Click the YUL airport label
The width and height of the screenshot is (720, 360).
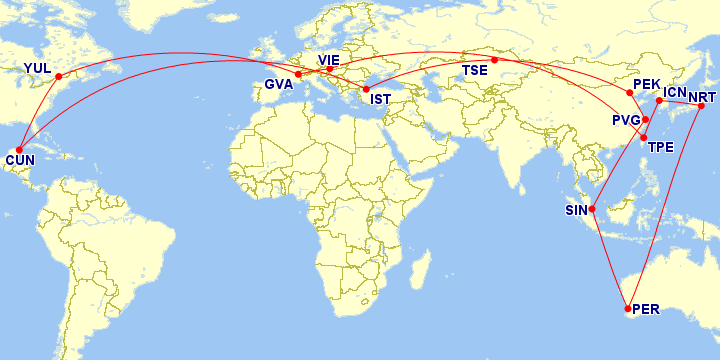pyautogui.click(x=36, y=68)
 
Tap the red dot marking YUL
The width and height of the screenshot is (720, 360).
pyautogui.click(x=58, y=76)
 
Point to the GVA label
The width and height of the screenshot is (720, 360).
pyautogui.click(x=279, y=84)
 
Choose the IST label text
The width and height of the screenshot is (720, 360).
pyautogui.click(x=380, y=99)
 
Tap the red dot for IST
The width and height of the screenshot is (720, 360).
pyautogui.click(x=366, y=89)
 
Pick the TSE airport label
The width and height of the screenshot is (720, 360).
pyautogui.click(x=474, y=71)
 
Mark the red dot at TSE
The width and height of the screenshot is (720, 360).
pyautogui.click(x=494, y=59)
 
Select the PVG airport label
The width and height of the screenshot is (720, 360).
pyautogui.click(x=626, y=121)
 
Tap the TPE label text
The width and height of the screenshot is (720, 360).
pyautogui.click(x=661, y=148)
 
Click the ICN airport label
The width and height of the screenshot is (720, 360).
pyautogui.click(x=675, y=92)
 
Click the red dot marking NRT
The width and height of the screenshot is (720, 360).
pyautogui.click(x=701, y=107)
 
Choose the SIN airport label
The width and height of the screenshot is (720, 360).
pyautogui.click(x=577, y=211)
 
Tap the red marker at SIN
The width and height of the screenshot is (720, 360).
pyautogui.click(x=593, y=209)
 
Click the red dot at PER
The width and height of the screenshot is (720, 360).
pyautogui.click(x=627, y=308)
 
